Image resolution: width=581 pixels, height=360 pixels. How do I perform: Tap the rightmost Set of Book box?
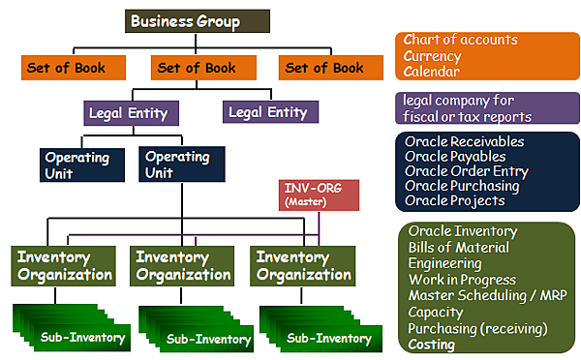click(x=324, y=68)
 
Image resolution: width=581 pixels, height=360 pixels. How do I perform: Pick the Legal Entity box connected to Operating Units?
click(x=128, y=113)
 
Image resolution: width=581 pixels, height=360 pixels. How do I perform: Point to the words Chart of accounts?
click(x=462, y=41)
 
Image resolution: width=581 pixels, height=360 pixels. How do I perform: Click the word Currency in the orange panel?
click(x=435, y=56)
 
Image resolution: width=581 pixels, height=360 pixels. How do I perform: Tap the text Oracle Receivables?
click(x=465, y=141)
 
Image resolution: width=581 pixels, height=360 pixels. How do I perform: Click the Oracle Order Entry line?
click(x=466, y=171)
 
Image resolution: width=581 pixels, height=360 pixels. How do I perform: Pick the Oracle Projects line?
click(x=455, y=200)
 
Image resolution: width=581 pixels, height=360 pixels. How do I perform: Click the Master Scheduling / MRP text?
click(x=479, y=295)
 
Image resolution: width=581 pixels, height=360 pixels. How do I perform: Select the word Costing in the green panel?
click(x=432, y=344)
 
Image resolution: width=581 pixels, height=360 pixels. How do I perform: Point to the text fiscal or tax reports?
click(x=468, y=117)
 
